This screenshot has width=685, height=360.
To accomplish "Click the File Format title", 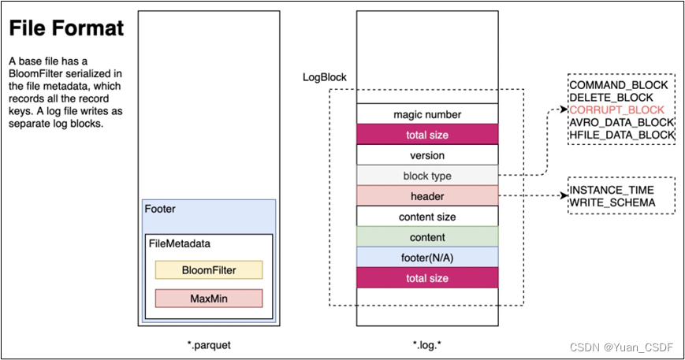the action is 66,28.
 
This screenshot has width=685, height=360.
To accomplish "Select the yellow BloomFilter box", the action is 209,270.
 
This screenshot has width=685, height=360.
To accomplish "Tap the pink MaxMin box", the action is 209,299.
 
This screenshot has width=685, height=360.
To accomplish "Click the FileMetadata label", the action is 180,243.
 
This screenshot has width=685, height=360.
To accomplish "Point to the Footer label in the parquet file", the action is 160,209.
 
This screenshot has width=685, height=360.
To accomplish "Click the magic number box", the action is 427,114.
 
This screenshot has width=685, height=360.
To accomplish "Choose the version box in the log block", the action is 427,155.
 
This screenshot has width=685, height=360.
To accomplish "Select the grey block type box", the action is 427,176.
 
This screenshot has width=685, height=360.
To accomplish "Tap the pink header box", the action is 427,196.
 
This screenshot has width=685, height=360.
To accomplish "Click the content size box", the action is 427,217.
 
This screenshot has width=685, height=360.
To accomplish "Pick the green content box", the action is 427,237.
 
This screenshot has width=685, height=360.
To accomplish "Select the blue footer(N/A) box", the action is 427,258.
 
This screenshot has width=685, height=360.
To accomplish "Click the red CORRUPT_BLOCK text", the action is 616,110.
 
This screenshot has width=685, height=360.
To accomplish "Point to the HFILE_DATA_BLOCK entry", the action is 622,135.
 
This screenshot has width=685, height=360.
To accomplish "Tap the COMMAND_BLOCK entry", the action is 619,85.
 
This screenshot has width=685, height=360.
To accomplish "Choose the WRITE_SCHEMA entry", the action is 612,203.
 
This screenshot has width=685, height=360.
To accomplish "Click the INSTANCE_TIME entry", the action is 612,191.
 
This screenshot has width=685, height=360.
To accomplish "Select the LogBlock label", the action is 325,77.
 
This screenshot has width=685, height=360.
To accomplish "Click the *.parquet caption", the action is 209,345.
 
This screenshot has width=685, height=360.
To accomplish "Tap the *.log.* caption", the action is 427,345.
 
